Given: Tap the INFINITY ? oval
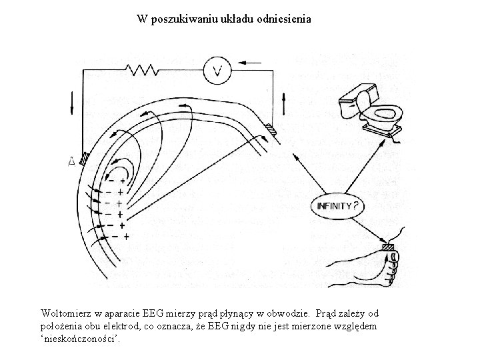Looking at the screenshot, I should [337, 206].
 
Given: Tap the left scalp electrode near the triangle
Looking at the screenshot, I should [85, 158].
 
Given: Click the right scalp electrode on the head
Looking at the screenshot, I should [269, 128].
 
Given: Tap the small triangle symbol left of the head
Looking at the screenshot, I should [71, 161].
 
